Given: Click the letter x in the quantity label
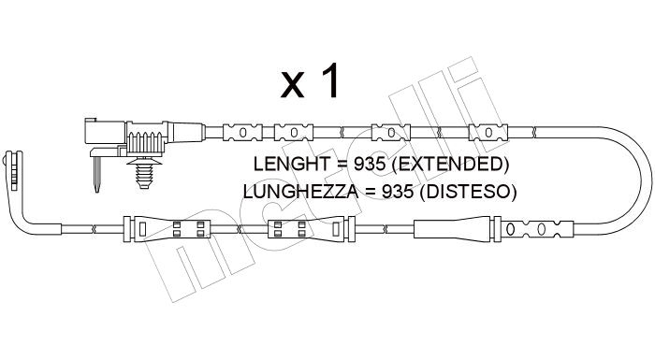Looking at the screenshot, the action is pos(292,85).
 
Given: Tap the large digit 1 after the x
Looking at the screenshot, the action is pos(329,80).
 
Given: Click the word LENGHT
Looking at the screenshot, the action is pos(292,164).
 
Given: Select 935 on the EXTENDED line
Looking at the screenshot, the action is pos(370,164).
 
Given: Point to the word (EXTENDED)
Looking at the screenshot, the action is pos(451,164).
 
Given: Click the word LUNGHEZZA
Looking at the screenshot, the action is pos(300,192).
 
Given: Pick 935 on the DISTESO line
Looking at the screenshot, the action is pos(397,192).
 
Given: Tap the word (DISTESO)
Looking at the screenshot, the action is pos(468,192).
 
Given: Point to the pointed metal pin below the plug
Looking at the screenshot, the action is pos(97,174).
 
